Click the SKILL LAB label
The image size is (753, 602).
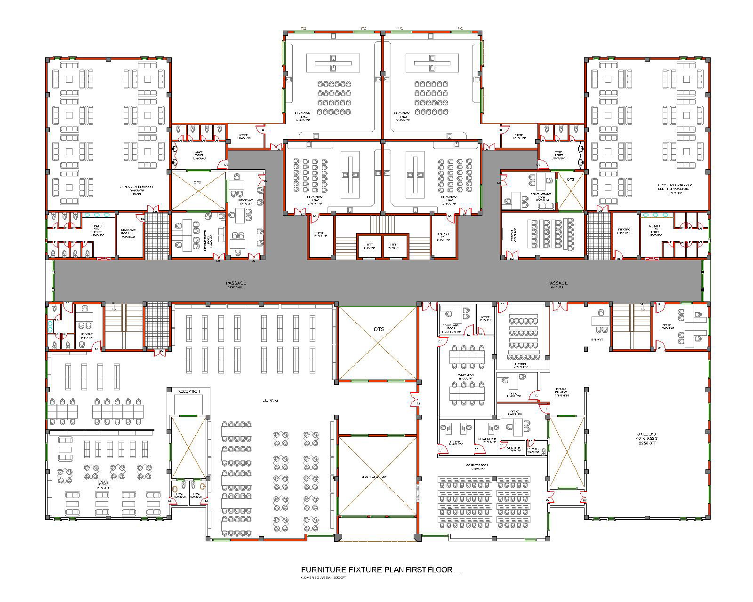(644, 435)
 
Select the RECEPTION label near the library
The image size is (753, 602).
(189, 391)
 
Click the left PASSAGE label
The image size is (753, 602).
(236, 283)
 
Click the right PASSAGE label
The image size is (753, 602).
(557, 283)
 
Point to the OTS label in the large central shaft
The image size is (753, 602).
(378, 329)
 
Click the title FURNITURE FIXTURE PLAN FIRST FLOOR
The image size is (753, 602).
(376, 570)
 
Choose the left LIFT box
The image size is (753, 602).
(369, 246)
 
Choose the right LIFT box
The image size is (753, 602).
(395, 246)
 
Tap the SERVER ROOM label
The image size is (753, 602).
(488, 440)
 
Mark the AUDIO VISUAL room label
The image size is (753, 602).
(465, 376)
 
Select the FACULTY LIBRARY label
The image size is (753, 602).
(103, 484)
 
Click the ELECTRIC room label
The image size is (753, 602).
(624, 231)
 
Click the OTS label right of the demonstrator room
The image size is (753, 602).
(570, 180)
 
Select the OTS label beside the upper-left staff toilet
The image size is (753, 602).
(197, 182)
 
